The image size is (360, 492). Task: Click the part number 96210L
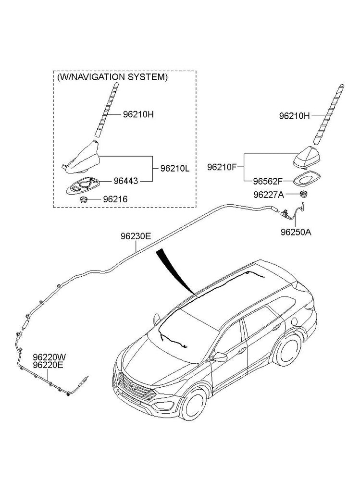[x=175, y=169]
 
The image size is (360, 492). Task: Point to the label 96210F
[x=222, y=167]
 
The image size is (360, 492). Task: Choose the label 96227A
[x=268, y=195]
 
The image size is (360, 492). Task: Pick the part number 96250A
[x=296, y=232]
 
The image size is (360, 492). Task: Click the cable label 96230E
[x=136, y=236]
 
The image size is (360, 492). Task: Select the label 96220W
[x=50, y=357]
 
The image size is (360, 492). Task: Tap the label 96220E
[x=49, y=365]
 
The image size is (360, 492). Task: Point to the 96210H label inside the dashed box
[x=138, y=114]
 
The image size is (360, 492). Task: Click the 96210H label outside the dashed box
[x=295, y=115]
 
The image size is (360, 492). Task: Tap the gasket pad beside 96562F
[x=305, y=178]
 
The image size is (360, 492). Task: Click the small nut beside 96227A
[x=303, y=194]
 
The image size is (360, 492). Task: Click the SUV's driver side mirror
[x=220, y=357]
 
